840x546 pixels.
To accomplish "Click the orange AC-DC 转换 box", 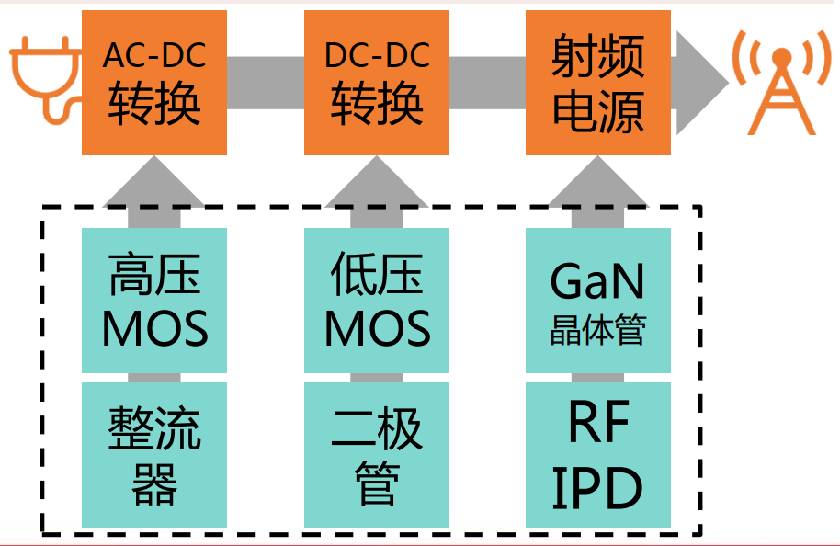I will point(154,83).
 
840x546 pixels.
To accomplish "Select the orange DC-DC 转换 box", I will point(377,83).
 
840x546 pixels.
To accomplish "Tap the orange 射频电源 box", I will point(598,83).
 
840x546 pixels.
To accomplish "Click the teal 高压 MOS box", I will point(154,301).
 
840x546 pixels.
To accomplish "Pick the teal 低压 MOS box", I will point(377,301).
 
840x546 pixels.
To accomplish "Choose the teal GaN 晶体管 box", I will point(598,301).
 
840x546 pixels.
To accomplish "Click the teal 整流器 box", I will point(154,455).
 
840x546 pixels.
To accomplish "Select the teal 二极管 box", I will point(377,455).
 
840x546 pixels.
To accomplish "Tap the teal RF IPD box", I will point(598,455).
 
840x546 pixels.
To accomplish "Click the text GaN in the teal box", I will point(598,281).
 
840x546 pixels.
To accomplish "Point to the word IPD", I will point(598,488).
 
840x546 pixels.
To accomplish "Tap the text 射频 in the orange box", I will point(598,58).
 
